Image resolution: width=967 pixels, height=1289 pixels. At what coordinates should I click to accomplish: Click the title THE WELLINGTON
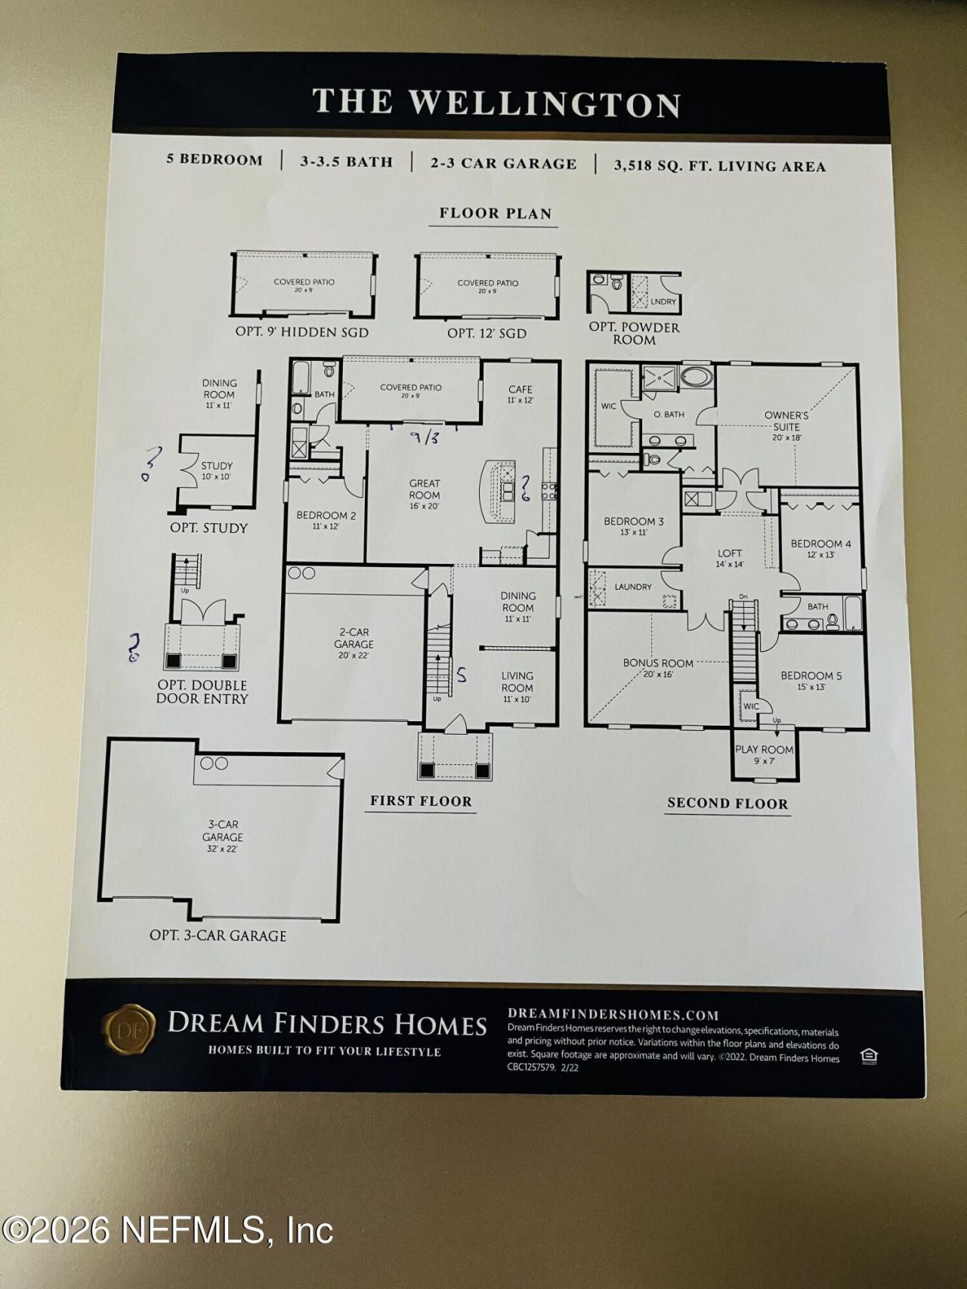point(496,103)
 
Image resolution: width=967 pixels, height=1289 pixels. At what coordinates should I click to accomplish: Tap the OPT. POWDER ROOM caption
point(635,333)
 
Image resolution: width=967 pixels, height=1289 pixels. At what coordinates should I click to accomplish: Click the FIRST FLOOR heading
point(421,801)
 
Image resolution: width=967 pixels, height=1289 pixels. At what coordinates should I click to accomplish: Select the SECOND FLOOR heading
point(727,803)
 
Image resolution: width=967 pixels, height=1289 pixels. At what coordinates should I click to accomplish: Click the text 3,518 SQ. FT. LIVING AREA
point(719,166)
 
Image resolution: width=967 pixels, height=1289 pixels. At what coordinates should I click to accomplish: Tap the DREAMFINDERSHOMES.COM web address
point(613,1014)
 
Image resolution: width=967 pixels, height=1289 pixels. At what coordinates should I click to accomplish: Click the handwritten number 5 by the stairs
point(462,675)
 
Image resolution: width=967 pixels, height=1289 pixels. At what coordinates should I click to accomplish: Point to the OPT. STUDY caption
point(209,528)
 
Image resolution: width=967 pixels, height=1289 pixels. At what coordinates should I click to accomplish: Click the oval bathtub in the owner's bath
point(696,377)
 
